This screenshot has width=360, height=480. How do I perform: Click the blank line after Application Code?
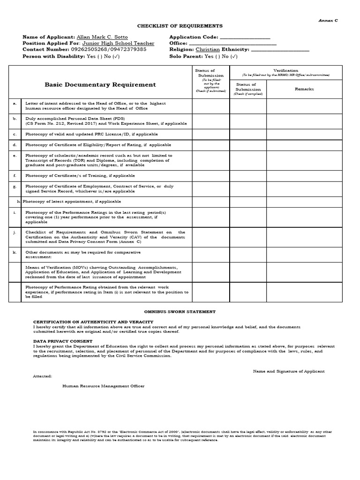245,37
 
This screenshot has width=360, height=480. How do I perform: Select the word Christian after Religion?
207,49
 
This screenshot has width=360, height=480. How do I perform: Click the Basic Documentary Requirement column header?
100,85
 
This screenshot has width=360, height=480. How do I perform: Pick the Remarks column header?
304,89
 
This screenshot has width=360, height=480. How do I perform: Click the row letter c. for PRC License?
15,134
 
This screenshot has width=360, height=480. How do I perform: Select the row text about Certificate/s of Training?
80,176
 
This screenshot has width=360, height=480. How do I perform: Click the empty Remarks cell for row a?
304,106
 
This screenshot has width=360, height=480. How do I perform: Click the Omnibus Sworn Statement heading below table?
180,311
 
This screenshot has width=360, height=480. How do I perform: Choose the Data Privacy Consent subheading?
63,341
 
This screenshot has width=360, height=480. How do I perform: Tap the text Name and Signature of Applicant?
289,371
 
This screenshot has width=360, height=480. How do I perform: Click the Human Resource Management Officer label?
104,386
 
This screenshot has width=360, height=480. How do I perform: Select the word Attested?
43,376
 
